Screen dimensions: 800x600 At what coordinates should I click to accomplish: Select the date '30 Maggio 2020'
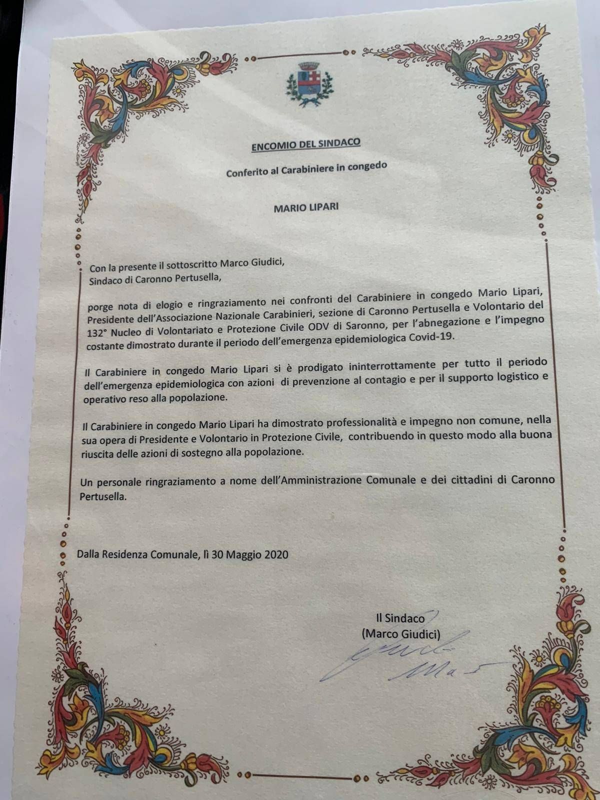257,554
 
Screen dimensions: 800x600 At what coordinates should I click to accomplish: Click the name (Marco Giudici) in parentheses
401,634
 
